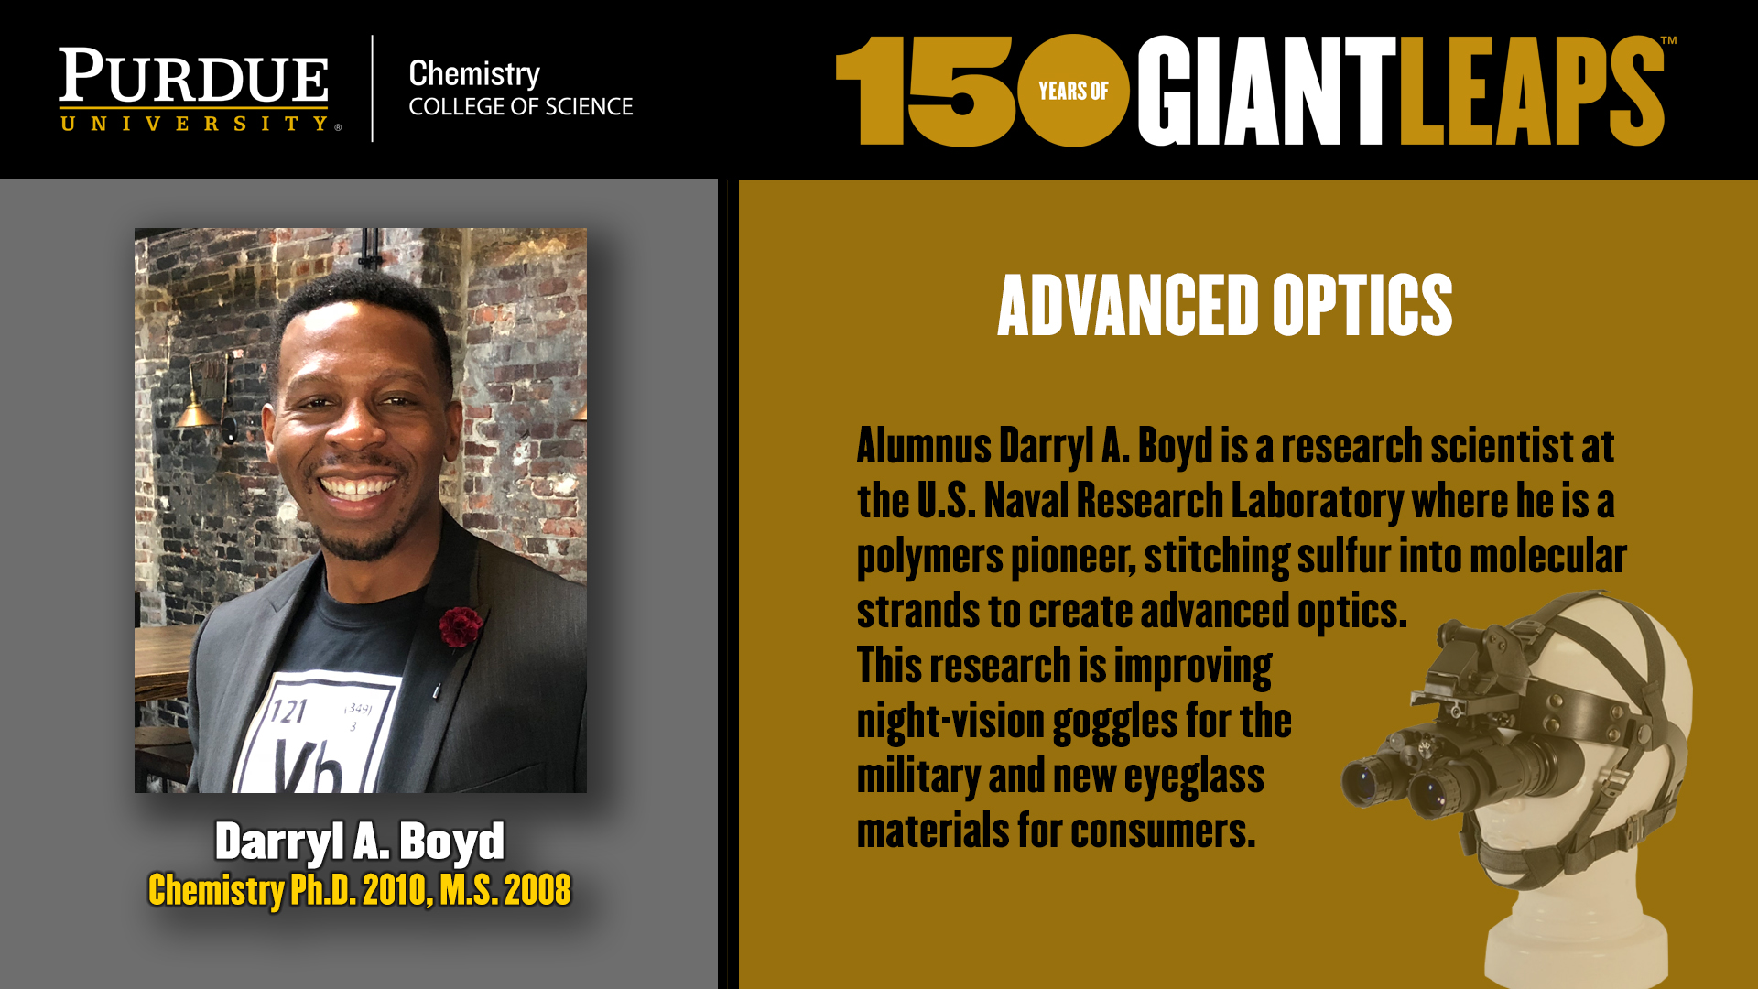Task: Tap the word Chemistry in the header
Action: [474, 74]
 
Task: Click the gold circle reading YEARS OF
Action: [1073, 91]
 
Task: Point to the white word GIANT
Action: [1267, 91]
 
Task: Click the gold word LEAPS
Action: [1532, 91]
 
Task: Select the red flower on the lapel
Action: [460, 626]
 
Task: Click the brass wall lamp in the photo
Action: [197, 398]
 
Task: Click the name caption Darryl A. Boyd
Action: [360, 841]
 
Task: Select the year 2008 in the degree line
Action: [537, 890]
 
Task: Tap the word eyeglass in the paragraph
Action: [1194, 777]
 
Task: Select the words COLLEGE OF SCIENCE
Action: [521, 107]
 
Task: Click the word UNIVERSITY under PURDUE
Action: [194, 124]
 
